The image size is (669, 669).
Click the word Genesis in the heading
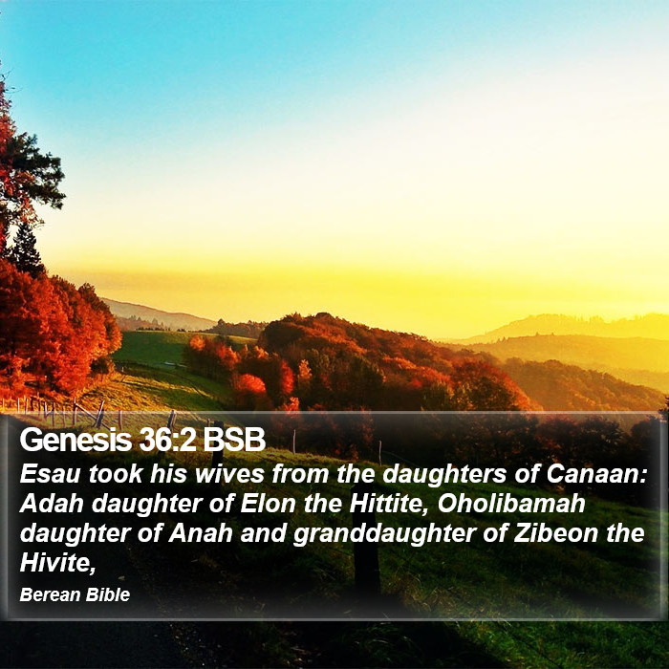click(76, 440)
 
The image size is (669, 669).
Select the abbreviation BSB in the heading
click(234, 440)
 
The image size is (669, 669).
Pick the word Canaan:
click(597, 474)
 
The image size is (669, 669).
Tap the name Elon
click(268, 504)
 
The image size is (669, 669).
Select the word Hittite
click(389, 504)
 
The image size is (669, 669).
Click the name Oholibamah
click(511, 504)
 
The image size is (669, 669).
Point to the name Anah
click(201, 533)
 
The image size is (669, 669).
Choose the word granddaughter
click(384, 534)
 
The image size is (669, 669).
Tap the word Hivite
click(57, 563)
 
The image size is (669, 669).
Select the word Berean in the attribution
click(51, 594)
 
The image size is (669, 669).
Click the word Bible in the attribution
click(108, 594)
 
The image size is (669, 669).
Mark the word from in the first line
click(300, 474)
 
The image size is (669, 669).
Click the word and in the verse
click(263, 533)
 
